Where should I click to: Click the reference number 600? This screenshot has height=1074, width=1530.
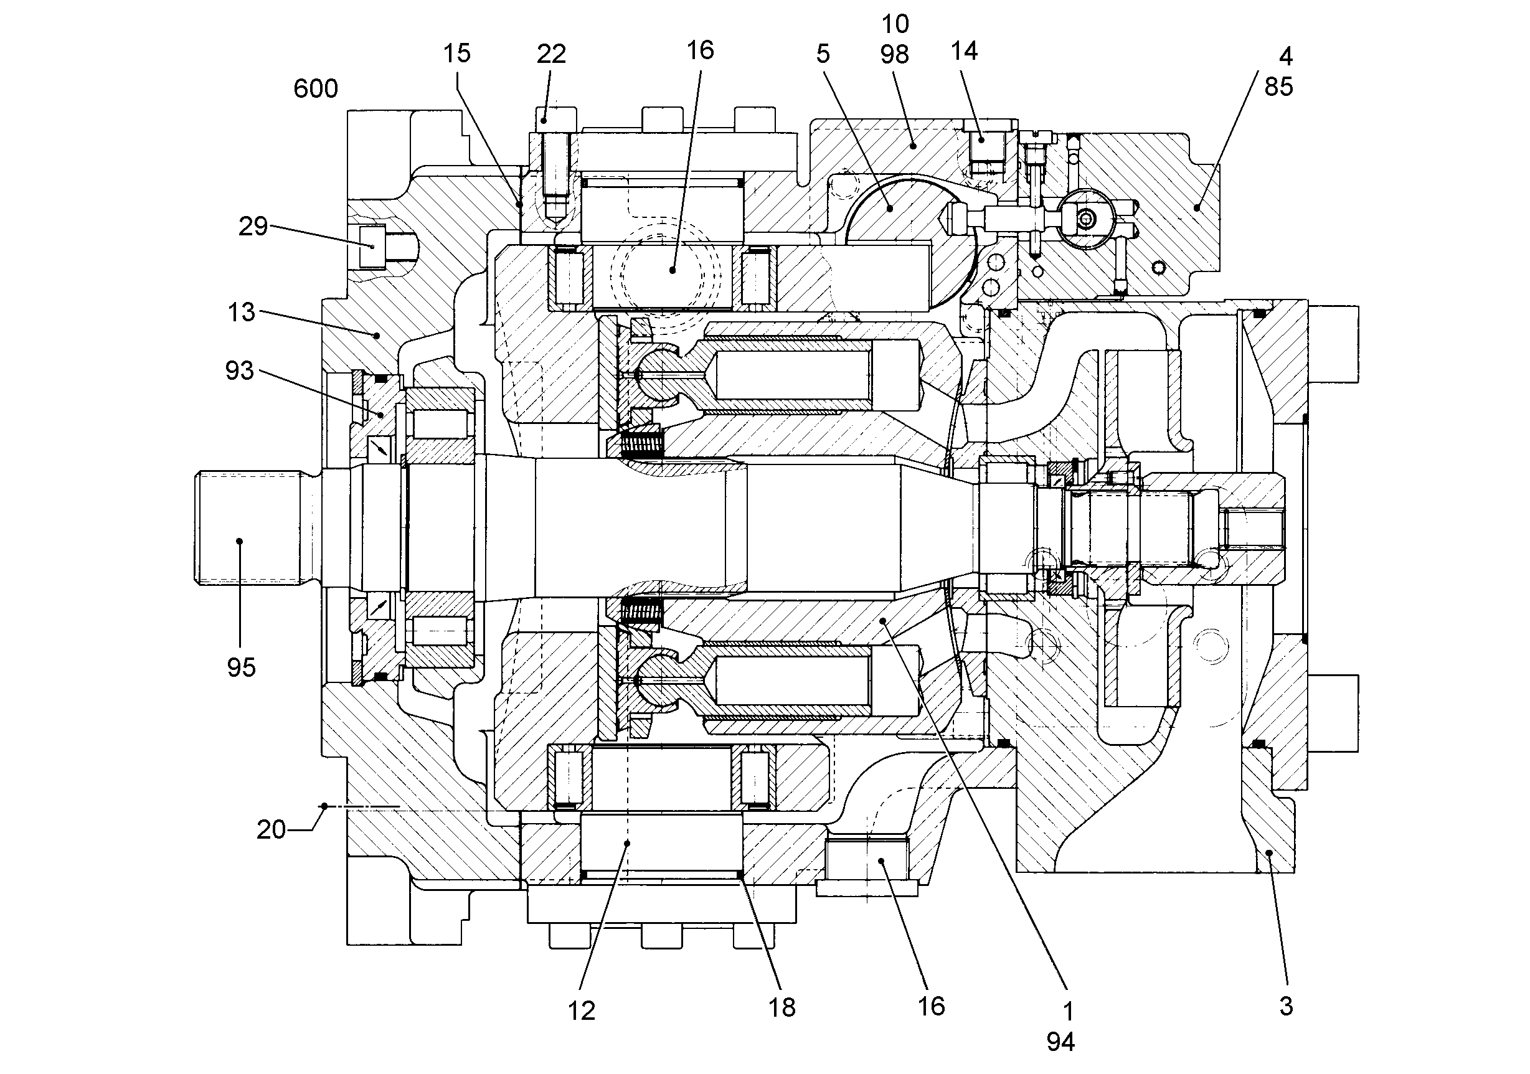316,88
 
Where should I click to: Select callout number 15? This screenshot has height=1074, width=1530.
457,54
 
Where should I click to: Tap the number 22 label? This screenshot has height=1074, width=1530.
552,54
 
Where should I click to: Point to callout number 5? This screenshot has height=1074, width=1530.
823,54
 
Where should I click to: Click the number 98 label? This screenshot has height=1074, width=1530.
894,55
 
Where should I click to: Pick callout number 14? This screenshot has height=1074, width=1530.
964,51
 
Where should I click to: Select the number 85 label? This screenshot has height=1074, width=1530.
1279,87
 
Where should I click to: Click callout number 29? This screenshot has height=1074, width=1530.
253,227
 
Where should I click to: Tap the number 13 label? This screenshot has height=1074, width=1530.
241,312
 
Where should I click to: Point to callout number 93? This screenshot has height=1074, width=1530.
240,370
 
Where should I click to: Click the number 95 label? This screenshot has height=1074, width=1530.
241,667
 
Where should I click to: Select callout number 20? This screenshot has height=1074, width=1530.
272,829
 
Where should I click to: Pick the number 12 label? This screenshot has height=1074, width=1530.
582,1011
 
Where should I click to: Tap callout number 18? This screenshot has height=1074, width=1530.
782,1008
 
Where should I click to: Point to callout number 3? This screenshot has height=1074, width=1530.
1286,1006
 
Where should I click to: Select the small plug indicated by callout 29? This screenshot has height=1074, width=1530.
372,247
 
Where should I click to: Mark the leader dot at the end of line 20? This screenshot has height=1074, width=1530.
324,806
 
